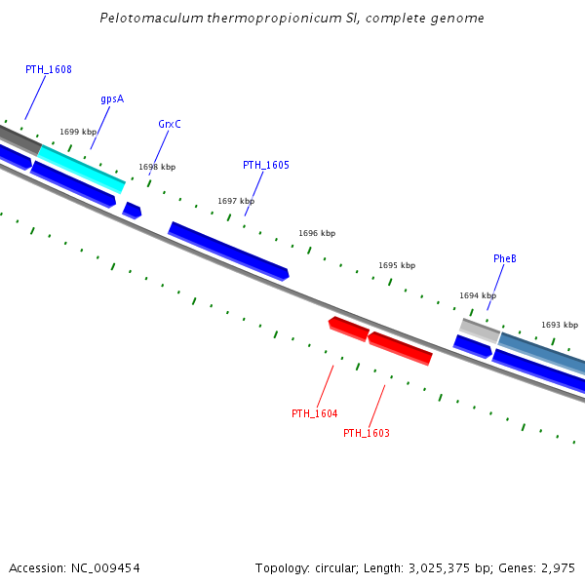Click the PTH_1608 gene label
pyautogui.click(x=49, y=70)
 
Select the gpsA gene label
pyautogui.click(x=112, y=99)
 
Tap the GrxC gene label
pyautogui.click(x=170, y=124)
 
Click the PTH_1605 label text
pyautogui.click(x=266, y=165)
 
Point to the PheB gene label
pyautogui.click(x=505, y=258)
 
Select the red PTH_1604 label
pyautogui.click(x=315, y=413)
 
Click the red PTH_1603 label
pyautogui.click(x=367, y=433)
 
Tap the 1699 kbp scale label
pyautogui.click(x=78, y=132)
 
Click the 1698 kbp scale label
pyautogui.click(x=157, y=167)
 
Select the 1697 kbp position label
pyautogui.click(x=236, y=201)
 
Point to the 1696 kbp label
pyautogui.click(x=317, y=233)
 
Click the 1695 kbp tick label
pyautogui.click(x=397, y=265)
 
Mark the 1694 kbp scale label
pyautogui.click(x=478, y=295)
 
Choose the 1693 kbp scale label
pyautogui.click(x=560, y=325)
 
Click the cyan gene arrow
pyautogui.click(x=82, y=168)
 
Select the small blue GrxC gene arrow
pyautogui.click(x=132, y=210)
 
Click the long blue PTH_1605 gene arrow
pyautogui.click(x=229, y=251)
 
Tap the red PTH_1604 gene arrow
pyautogui.click(x=348, y=329)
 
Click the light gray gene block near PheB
pyautogui.click(x=480, y=330)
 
